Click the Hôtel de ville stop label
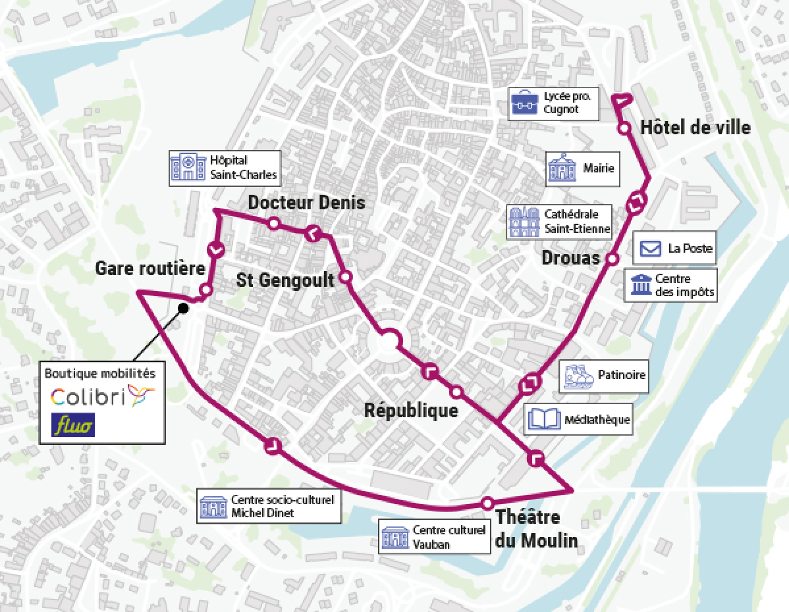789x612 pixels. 695,127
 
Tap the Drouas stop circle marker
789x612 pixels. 612,259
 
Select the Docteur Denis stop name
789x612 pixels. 306,203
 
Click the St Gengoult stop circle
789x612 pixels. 346,277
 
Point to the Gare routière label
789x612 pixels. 150,268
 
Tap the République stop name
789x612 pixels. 411,411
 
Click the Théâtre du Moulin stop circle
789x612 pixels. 487,503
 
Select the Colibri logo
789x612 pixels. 102,395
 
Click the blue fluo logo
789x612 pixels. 74,424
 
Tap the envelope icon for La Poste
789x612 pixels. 651,249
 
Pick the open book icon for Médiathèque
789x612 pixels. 544,419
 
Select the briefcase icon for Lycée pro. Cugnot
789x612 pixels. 526,103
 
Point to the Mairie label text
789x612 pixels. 598,168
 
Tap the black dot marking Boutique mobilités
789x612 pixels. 184,308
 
